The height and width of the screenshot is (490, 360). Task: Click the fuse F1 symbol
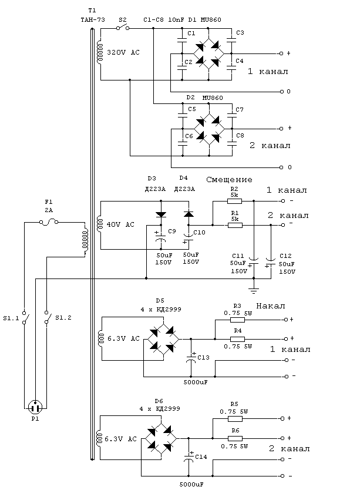49,222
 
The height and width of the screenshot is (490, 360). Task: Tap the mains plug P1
35,408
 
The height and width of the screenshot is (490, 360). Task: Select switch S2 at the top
123,28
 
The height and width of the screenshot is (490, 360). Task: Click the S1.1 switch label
11,318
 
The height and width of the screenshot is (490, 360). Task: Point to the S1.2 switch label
63,318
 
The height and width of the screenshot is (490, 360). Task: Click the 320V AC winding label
123,52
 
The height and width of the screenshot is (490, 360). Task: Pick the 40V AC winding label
120,224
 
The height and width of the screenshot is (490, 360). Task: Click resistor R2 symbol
235,201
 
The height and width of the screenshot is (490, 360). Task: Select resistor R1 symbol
235,225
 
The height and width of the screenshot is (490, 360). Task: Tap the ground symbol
254,290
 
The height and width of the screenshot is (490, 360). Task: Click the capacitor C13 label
203,357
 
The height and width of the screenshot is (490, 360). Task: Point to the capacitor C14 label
201,457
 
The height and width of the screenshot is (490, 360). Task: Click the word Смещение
229,180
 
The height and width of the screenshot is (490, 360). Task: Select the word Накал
271,306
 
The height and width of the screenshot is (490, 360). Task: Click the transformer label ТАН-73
93,20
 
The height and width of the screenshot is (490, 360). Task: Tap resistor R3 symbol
237,320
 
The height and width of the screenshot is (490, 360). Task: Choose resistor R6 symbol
235,438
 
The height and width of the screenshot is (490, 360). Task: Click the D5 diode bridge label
160,301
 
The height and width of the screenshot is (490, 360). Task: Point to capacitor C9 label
172,231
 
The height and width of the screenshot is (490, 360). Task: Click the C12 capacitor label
285,256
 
